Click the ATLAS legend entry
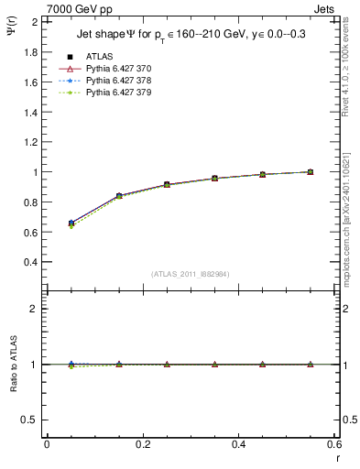pos(99,56)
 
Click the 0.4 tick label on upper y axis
pos(32,262)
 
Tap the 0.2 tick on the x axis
pos(143,444)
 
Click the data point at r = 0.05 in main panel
pos(71,223)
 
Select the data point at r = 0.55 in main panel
pos(310,171)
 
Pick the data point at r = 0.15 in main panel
pos(119,196)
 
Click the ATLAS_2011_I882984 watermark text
pos(191,274)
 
